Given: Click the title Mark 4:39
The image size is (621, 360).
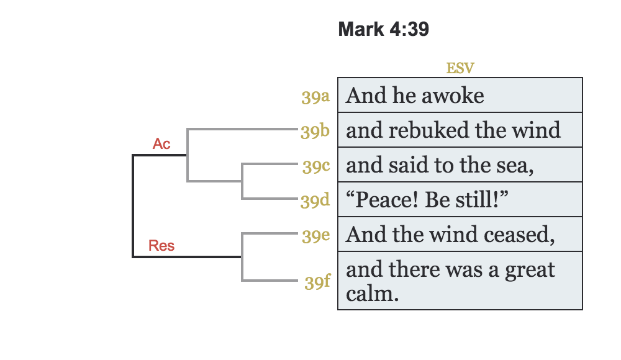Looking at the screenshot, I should [x=383, y=29].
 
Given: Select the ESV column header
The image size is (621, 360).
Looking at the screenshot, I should [x=460, y=68].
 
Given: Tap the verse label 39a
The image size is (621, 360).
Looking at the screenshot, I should [x=315, y=97].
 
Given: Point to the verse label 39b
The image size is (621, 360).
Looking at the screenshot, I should [x=315, y=132].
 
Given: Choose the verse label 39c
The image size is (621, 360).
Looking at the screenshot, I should [x=315, y=166].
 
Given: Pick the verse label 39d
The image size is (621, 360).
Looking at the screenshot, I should [x=315, y=201].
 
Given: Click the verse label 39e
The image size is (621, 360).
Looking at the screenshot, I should [x=315, y=236].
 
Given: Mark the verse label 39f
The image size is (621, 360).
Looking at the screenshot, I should [x=317, y=282].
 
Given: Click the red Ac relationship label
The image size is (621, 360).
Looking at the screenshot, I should [x=161, y=144].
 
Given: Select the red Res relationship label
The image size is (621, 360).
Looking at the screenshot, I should [x=161, y=246].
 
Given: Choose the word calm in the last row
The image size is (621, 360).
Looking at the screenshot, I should [x=370, y=292].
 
